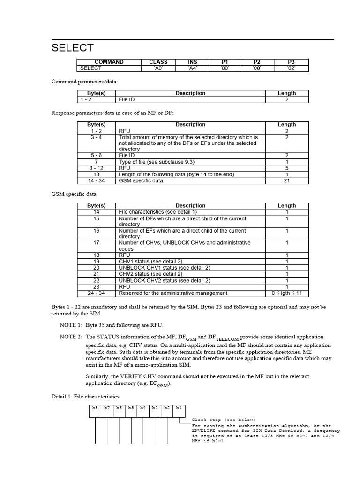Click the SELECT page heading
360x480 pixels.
click(x=72, y=48)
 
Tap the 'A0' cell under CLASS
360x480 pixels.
click(x=158, y=68)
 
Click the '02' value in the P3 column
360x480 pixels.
click(x=291, y=68)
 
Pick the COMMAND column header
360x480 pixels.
click(x=109, y=62)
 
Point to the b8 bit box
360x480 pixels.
click(x=95, y=408)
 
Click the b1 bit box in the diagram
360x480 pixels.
click(x=178, y=408)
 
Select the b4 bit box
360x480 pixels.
click(x=142, y=408)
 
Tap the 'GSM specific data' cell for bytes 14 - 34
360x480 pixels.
click(x=141, y=180)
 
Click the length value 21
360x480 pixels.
click(x=287, y=180)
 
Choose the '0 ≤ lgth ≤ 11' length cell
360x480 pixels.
click(x=287, y=293)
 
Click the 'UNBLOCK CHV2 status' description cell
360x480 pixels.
click(x=164, y=280)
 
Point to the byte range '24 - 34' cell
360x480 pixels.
click(x=97, y=293)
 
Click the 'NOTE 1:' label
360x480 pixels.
click(x=71, y=325)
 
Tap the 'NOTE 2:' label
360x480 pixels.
click(x=71, y=337)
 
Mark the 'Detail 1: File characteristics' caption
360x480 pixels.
click(x=85, y=397)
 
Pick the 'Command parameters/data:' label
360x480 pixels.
click(x=84, y=82)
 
